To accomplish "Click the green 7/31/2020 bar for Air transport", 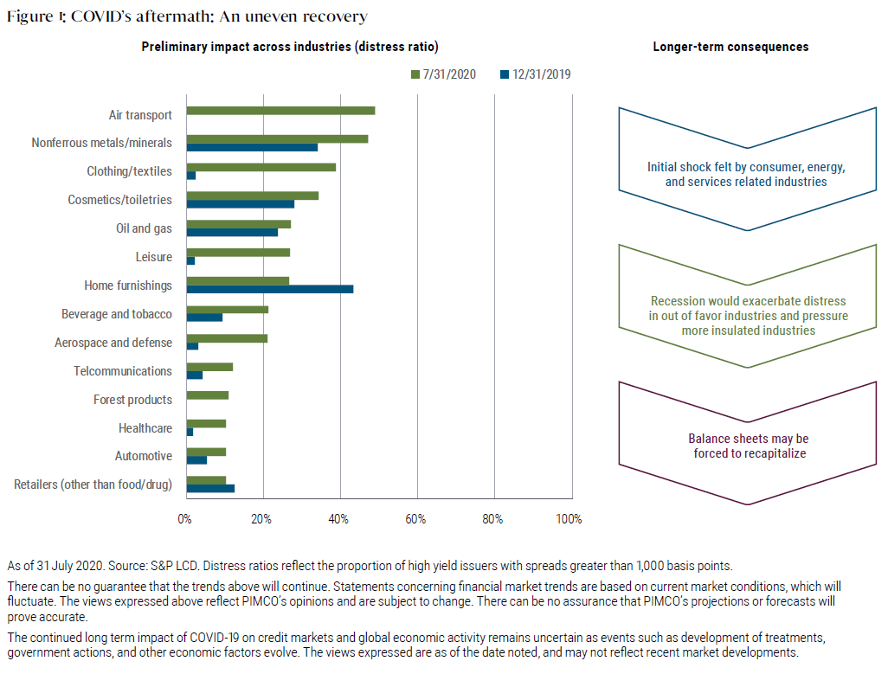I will (280, 111).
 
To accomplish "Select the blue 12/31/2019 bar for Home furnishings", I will (269, 289).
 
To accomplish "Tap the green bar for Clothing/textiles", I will (261, 167).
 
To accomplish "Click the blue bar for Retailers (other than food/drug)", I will (210, 488).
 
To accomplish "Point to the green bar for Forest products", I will (208, 395).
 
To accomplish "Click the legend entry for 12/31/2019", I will (534, 75).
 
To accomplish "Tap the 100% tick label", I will (569, 519).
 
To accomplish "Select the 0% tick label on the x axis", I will (184, 519).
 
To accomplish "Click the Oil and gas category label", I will (143, 228).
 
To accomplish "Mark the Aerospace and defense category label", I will (113, 343).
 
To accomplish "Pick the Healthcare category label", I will (145, 428).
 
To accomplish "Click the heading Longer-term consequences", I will (730, 47).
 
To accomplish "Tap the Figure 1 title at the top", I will (187, 16).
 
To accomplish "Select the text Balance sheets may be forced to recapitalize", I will (748, 446).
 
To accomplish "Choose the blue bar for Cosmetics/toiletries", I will (241, 204).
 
